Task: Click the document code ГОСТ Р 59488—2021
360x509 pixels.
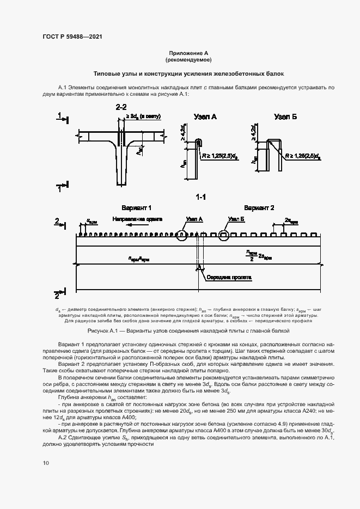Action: click(x=72, y=36)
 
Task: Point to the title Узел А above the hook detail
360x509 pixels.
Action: click(x=205, y=116)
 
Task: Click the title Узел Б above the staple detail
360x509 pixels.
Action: click(x=285, y=116)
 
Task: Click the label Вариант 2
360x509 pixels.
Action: click(x=259, y=208)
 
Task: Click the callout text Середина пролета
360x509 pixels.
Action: click(x=229, y=277)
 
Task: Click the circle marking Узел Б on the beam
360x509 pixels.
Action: click(x=224, y=235)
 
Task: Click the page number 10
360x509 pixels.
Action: click(x=45, y=463)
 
